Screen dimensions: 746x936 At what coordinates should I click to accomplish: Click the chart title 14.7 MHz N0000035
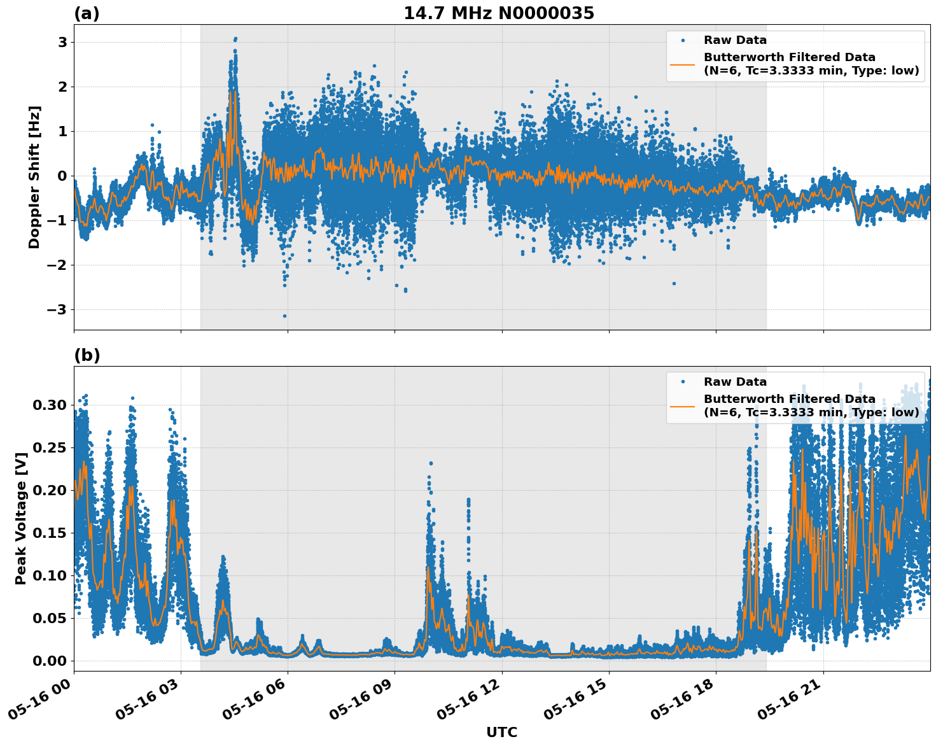click(498, 13)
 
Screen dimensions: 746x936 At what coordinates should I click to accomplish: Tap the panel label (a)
click(87, 13)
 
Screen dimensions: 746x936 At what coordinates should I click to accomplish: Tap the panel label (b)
click(87, 355)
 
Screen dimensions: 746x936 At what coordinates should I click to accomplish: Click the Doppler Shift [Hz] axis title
click(34, 177)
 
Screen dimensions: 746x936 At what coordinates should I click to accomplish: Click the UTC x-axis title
click(501, 732)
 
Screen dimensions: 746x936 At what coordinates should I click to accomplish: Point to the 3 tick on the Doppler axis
click(62, 42)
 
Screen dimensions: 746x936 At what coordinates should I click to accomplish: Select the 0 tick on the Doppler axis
click(62, 176)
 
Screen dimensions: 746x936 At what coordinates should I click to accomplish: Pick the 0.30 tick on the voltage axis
click(49, 405)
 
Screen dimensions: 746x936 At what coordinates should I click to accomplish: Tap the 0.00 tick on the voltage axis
click(49, 661)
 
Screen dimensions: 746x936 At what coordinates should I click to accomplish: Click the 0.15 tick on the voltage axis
click(49, 533)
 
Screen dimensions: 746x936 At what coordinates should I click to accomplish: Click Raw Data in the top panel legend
click(735, 40)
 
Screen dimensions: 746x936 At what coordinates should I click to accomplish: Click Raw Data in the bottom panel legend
click(735, 382)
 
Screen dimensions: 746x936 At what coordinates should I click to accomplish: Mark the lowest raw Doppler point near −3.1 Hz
click(284, 316)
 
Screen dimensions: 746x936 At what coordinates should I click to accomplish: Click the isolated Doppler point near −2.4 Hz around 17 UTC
click(674, 283)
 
